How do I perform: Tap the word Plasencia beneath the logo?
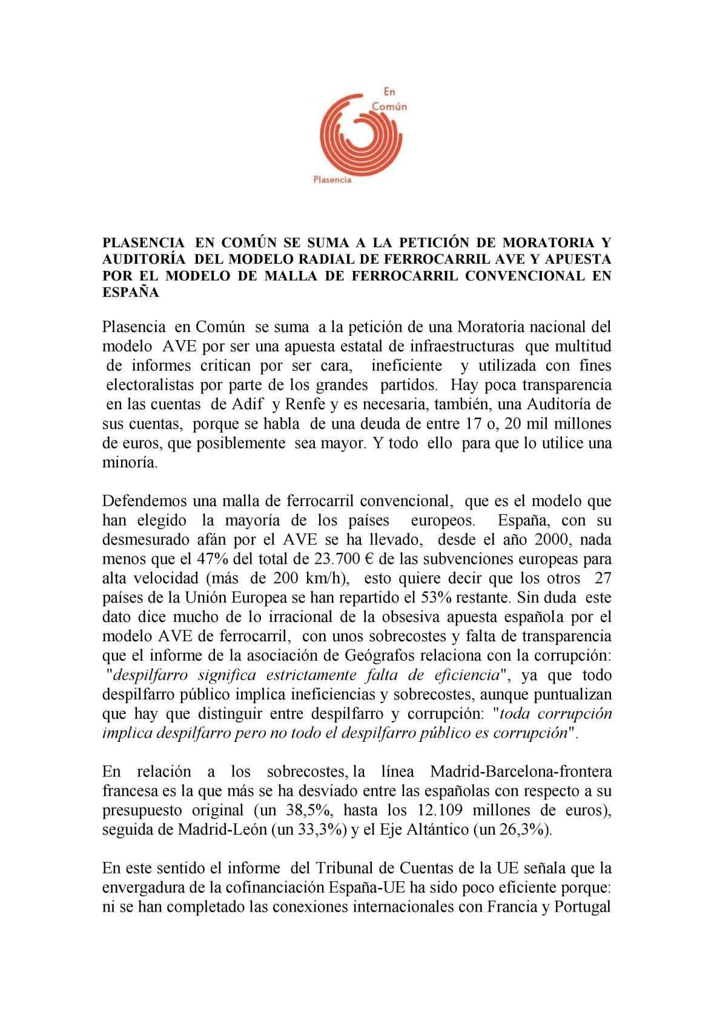point(332,179)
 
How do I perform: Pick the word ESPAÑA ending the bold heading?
point(131,292)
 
